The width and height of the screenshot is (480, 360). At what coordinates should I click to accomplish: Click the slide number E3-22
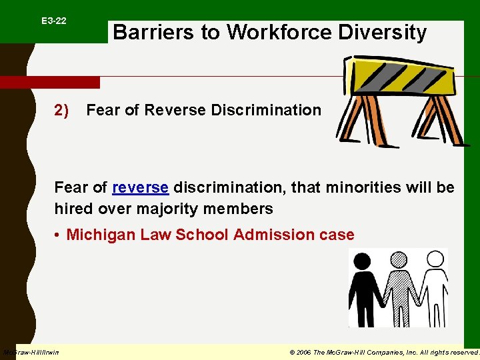click(53, 21)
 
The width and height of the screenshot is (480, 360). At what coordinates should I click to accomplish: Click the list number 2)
click(61, 110)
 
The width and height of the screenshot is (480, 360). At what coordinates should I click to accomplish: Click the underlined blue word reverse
click(140, 187)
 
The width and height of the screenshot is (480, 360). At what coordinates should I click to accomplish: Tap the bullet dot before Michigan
click(59, 235)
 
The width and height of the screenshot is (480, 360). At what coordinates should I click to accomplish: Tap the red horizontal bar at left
click(50, 82)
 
